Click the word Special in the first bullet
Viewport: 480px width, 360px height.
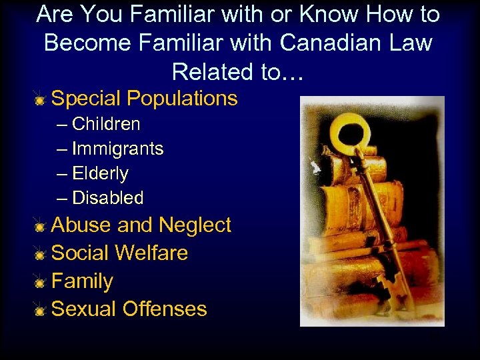point(86,99)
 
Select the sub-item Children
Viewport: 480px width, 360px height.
point(106,124)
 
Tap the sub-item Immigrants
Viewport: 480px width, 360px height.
point(117,149)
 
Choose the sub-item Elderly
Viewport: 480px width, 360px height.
point(100,173)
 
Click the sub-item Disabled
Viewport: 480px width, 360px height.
point(107,198)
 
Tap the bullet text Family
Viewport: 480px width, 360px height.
point(82,281)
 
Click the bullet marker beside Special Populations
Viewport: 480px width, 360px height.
point(41,100)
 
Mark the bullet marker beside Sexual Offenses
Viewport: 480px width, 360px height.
point(41,311)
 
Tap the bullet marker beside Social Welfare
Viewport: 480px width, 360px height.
point(41,255)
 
